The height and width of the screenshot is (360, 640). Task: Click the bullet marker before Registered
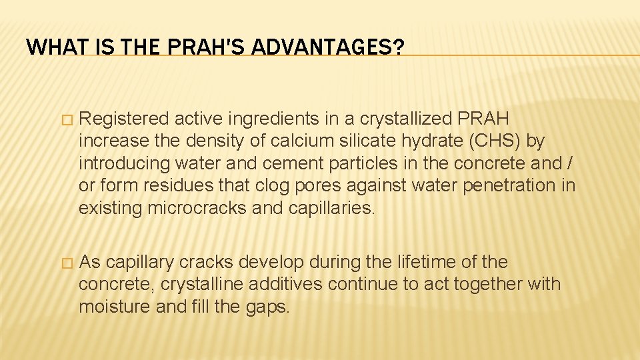coord(65,120)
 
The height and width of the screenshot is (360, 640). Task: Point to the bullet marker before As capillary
coord(65,263)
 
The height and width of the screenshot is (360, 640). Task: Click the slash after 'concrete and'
coord(571,163)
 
